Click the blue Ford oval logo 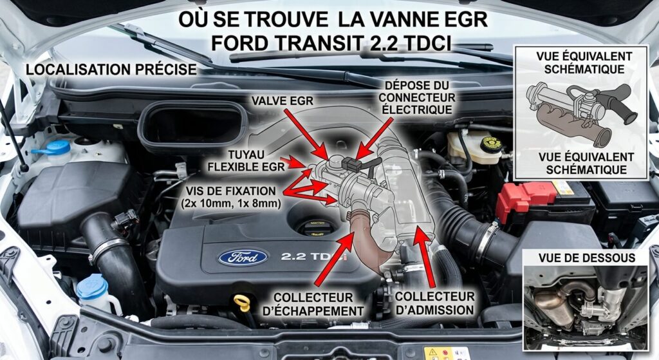coord(243,257)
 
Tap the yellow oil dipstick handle coord(242,303)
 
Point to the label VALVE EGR coord(283,100)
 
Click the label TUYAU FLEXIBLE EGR coord(246,160)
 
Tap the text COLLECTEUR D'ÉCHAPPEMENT coord(313,304)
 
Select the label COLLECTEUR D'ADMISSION coord(434,303)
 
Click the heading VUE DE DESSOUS coord(587,258)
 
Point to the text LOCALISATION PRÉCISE coord(111,70)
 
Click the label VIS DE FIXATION coord(231,191)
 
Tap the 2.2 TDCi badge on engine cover coord(314,256)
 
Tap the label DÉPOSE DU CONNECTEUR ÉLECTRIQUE coord(416,98)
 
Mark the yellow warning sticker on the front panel coord(432,354)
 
